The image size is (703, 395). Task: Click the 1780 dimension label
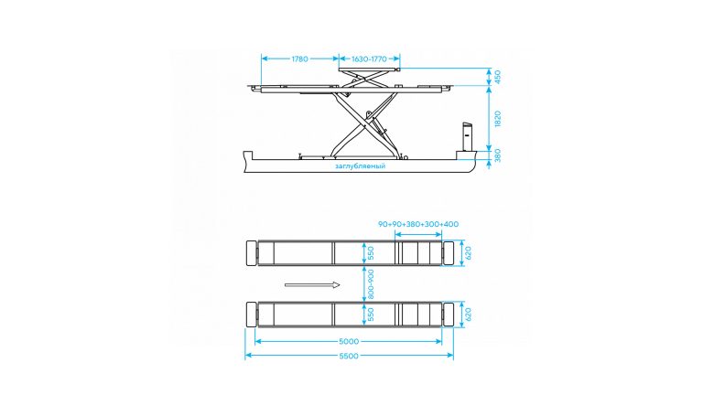click(x=298, y=59)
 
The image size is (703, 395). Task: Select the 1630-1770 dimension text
click(x=372, y=59)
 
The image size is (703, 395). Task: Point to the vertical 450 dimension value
click(x=497, y=78)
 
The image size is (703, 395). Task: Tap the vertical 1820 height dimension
click(x=497, y=118)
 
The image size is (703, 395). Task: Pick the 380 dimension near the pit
click(x=497, y=155)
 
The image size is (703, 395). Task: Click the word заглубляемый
click(x=360, y=166)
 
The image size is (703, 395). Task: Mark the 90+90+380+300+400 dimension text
click(x=418, y=224)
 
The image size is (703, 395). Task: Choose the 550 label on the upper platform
click(x=371, y=252)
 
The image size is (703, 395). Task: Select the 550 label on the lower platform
click(x=371, y=314)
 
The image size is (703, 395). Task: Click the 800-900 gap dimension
click(x=371, y=283)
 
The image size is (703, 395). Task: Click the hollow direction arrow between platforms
click(x=311, y=284)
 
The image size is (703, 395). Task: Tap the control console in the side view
click(x=465, y=137)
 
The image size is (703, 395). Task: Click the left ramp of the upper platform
click(x=251, y=253)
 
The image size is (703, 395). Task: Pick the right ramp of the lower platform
click(x=449, y=314)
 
